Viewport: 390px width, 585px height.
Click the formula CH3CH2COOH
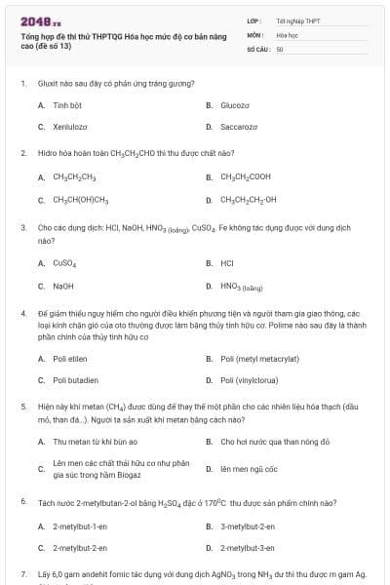[x=245, y=177]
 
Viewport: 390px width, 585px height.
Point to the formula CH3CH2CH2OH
[x=249, y=200]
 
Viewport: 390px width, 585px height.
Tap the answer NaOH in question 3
[x=63, y=287]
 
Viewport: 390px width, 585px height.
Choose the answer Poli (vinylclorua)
[x=252, y=380]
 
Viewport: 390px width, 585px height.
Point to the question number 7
[x=22, y=575]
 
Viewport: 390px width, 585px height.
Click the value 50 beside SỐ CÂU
[x=280, y=48]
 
